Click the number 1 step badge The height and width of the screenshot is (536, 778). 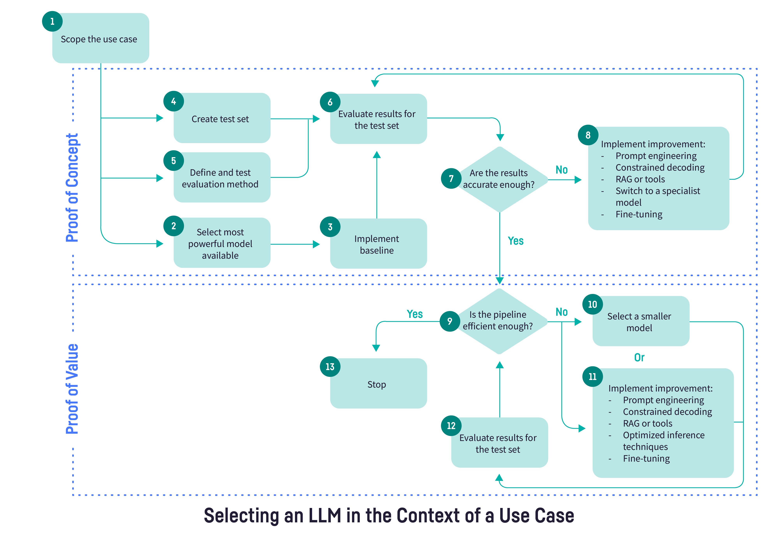tap(52, 21)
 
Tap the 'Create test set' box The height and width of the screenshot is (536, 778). tap(222, 119)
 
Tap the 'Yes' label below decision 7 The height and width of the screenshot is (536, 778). tap(516, 241)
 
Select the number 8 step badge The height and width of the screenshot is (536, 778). tap(588, 135)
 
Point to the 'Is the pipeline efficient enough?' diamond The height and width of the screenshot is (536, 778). tap(499, 321)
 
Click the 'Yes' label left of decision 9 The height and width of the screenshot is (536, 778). tap(415, 314)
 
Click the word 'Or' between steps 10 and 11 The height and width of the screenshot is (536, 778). tap(639, 357)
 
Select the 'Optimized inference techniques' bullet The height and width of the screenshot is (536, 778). tap(663, 441)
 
